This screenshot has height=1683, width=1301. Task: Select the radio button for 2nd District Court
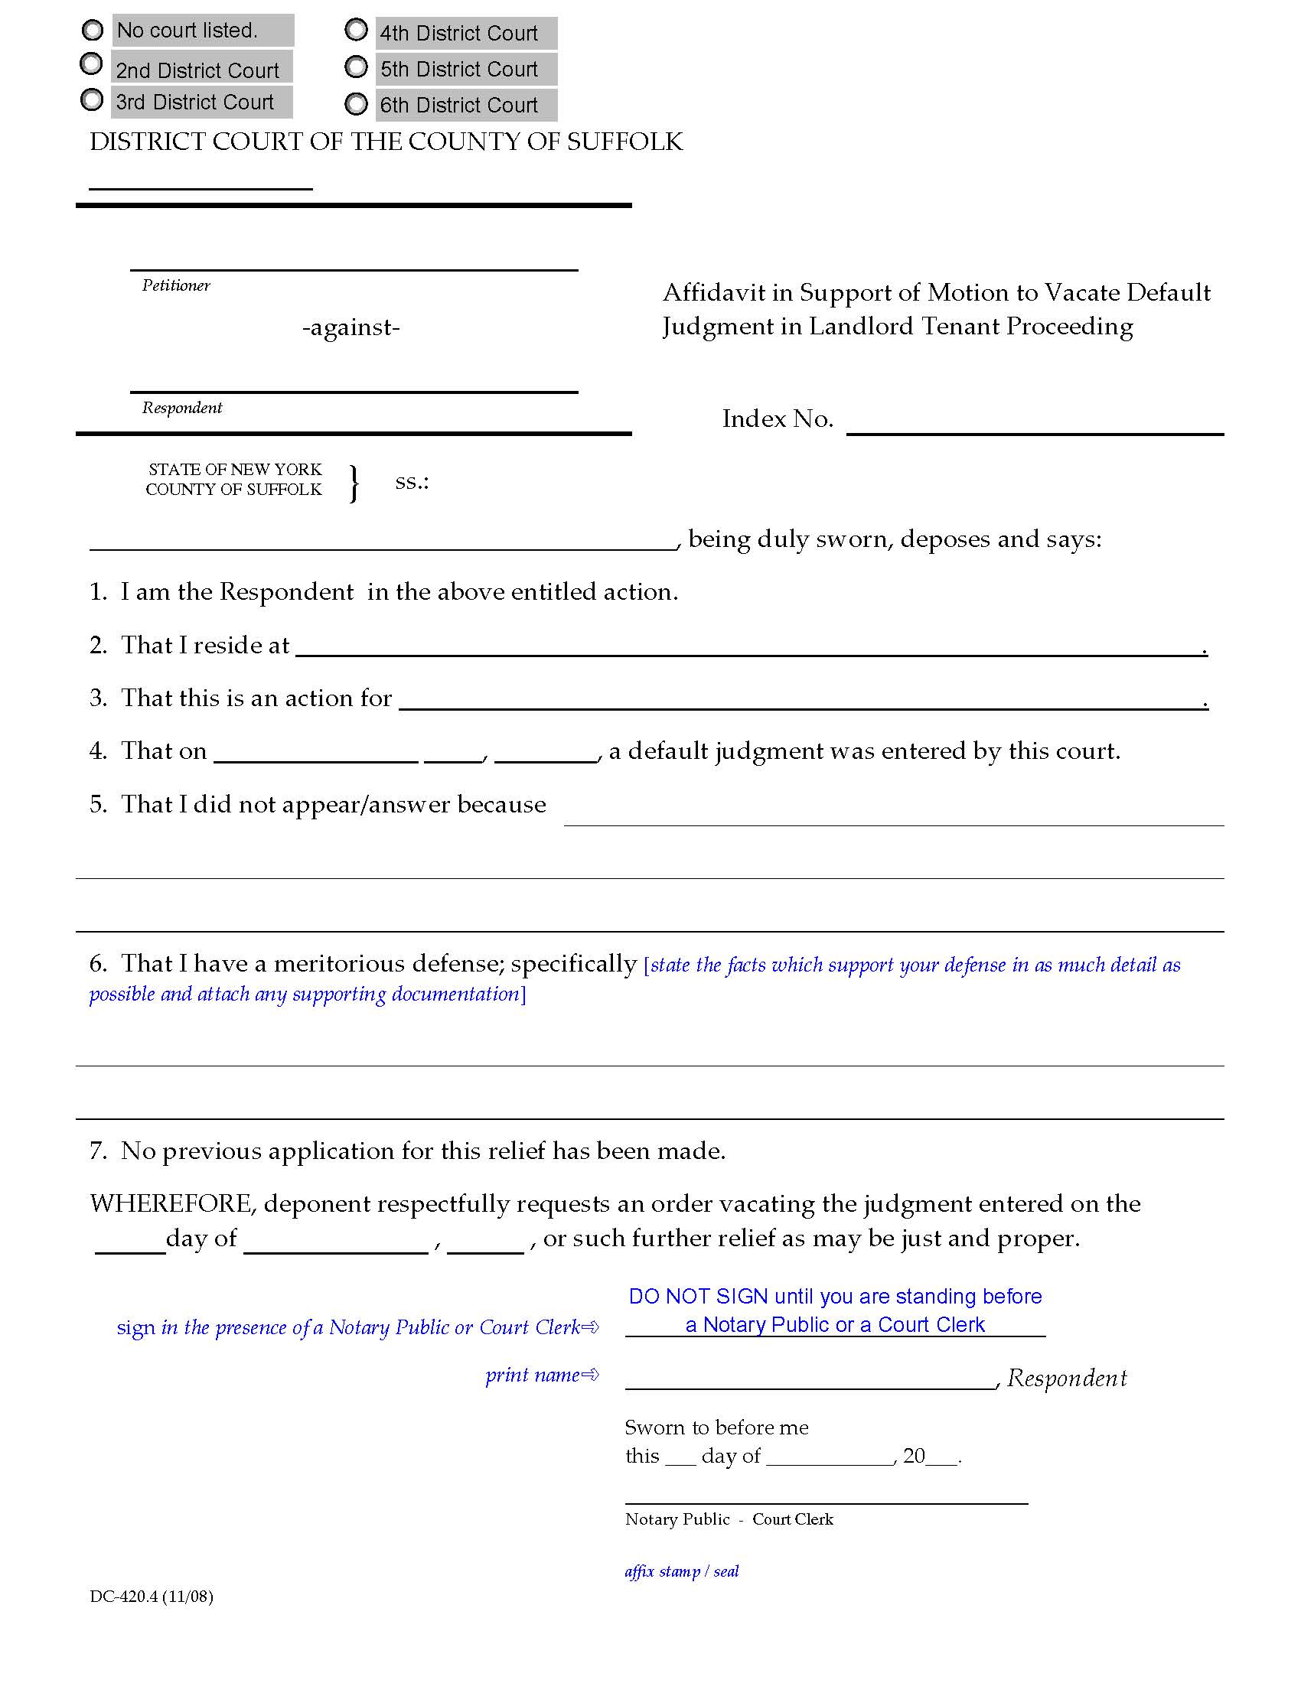click(x=91, y=64)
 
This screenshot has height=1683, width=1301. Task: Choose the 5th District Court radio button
click(x=356, y=67)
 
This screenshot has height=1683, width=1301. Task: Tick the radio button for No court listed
click(x=93, y=30)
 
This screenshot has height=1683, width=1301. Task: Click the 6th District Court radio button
click(x=356, y=104)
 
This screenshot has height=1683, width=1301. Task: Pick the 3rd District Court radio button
click(x=92, y=99)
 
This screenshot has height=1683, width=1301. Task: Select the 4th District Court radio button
click(x=356, y=30)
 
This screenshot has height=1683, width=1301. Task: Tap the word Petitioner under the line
click(x=176, y=286)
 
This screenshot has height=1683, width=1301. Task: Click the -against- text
click(x=351, y=327)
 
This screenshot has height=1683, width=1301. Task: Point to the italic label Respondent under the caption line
click(x=182, y=408)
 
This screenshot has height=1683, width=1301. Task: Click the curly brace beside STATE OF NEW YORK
click(x=354, y=483)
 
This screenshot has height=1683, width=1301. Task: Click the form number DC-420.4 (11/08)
click(x=151, y=1596)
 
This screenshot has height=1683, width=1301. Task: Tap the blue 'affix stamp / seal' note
click(x=681, y=1571)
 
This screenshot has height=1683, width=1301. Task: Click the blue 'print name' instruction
click(x=541, y=1375)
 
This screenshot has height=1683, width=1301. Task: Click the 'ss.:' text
click(x=412, y=483)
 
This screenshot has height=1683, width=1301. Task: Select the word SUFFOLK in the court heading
click(x=624, y=142)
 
